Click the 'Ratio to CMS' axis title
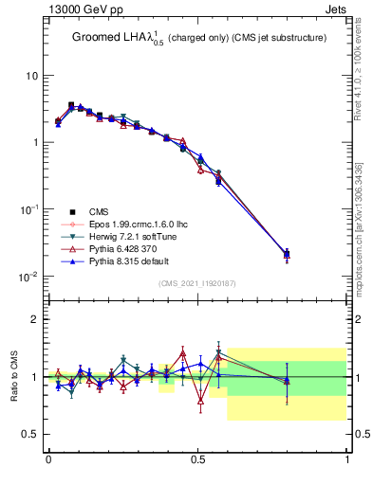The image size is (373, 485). (14, 377)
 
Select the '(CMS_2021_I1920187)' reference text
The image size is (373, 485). (197, 282)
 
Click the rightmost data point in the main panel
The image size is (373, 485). (288, 253)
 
